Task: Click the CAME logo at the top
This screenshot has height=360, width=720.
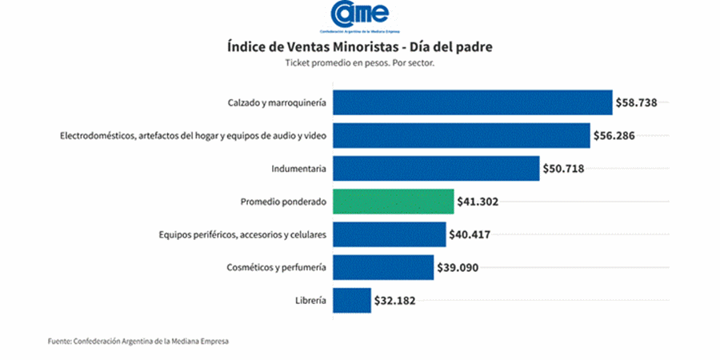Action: point(359,17)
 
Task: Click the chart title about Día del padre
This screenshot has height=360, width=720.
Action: point(359,47)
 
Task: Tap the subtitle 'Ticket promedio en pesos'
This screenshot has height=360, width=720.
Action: point(359,63)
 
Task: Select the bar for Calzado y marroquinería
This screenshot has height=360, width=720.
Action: point(472,102)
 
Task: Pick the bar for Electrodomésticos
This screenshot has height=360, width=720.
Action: point(462,136)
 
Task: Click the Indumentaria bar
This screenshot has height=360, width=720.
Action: point(436,169)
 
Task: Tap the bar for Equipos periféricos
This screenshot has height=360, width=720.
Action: point(389,235)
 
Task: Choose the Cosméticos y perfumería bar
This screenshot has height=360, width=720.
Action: point(383,267)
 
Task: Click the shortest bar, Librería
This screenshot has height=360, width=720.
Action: point(352,301)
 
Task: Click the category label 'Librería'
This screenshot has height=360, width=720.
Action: point(310,301)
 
